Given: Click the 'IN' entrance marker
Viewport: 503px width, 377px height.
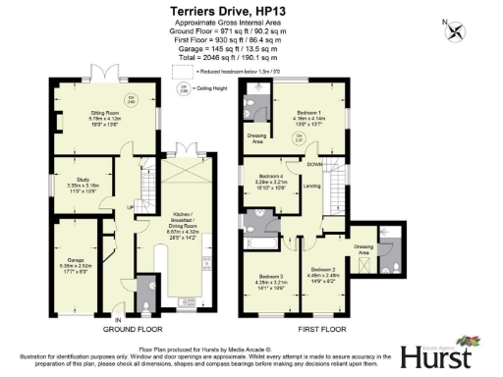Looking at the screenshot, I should (117, 320).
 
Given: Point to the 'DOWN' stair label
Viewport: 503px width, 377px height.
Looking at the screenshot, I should (313, 165).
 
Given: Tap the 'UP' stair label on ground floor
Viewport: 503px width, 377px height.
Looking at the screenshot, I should (130, 207).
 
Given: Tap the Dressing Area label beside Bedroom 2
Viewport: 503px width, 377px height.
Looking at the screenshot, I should (363, 250).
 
